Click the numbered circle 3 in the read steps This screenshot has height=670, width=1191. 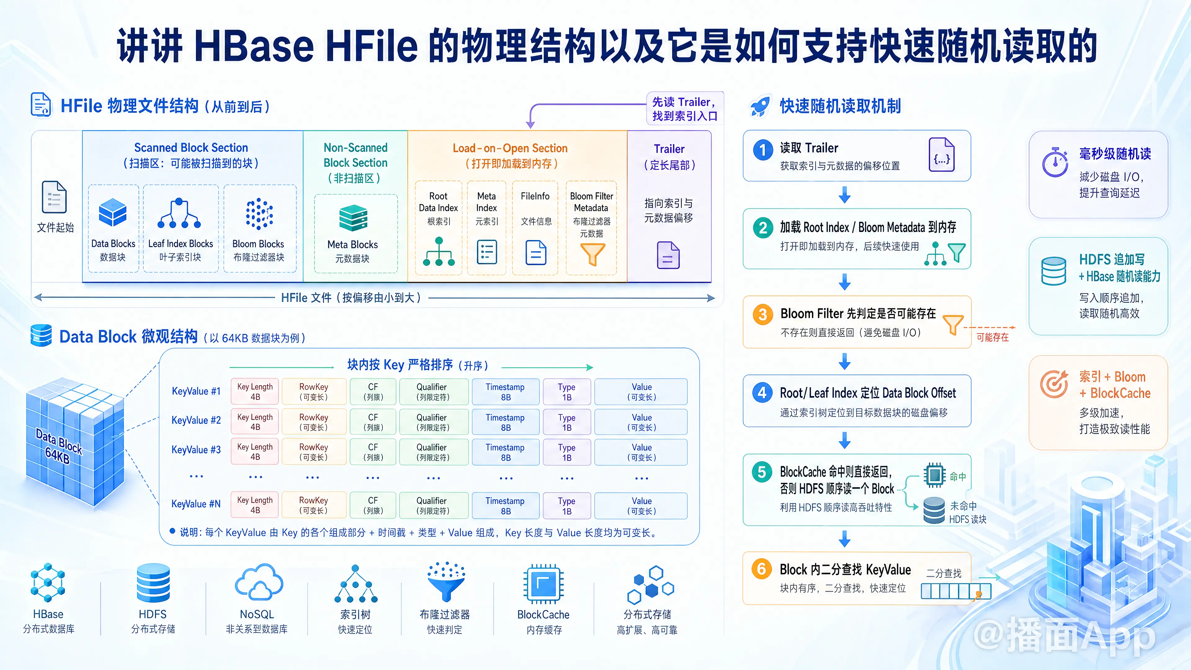point(762,315)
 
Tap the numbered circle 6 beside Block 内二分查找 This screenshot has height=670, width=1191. point(761,569)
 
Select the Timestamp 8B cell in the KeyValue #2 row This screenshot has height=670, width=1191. point(505,422)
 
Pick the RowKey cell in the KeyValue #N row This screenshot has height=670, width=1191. point(314,505)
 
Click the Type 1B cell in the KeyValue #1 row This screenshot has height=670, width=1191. point(567,392)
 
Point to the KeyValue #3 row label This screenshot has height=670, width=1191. point(196,449)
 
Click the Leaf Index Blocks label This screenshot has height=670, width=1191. point(180,244)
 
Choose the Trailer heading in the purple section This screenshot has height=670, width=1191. point(669,149)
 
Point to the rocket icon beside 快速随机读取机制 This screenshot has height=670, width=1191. point(760,106)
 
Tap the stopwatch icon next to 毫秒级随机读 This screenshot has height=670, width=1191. point(1055,162)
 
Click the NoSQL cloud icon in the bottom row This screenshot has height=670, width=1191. point(259,582)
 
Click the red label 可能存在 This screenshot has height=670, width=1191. point(992,337)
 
